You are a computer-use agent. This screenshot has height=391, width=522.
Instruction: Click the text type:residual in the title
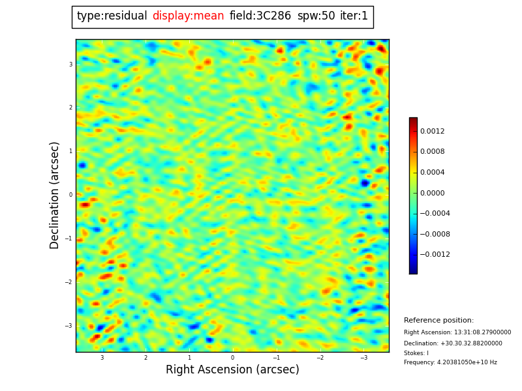pyautogui.click(x=112, y=16)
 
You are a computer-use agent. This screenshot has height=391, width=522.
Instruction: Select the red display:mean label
pyautogui.click(x=188, y=16)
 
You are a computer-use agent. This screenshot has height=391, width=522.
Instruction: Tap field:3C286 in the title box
pyautogui.click(x=260, y=16)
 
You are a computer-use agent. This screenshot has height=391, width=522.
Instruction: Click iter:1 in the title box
pyautogui.click(x=354, y=16)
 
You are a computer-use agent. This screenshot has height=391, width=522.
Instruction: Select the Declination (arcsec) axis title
pyautogui.click(x=55, y=195)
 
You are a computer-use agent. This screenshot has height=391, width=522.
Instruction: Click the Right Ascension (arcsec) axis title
pyautogui.click(x=232, y=370)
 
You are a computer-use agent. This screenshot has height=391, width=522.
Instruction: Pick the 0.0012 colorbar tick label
pyautogui.click(x=432, y=131)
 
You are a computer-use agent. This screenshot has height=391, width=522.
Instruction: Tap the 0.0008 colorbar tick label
pyautogui.click(x=432, y=152)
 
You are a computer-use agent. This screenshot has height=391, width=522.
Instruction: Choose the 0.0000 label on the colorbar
pyautogui.click(x=432, y=193)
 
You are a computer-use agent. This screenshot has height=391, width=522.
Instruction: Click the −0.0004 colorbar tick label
pyautogui.click(x=435, y=214)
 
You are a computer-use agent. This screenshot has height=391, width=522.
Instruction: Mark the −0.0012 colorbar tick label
pyautogui.click(x=435, y=255)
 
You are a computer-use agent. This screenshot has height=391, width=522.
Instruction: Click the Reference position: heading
pyautogui.click(x=438, y=321)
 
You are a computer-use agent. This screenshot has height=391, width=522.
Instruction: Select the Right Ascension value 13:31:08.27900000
pyautogui.click(x=457, y=332)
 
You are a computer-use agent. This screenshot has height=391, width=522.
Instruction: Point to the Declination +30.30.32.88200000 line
pyautogui.click(x=453, y=343)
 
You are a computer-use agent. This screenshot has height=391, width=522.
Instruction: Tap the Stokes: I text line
pyautogui.click(x=416, y=353)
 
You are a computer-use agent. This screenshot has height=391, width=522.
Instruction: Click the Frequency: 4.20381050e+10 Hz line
pyautogui.click(x=450, y=362)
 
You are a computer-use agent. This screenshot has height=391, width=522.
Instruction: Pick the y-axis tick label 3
pyautogui.click(x=70, y=65)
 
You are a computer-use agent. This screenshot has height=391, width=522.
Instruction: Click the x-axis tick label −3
pyautogui.click(x=363, y=358)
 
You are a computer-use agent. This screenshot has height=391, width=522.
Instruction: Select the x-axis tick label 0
pyautogui.click(x=232, y=358)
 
